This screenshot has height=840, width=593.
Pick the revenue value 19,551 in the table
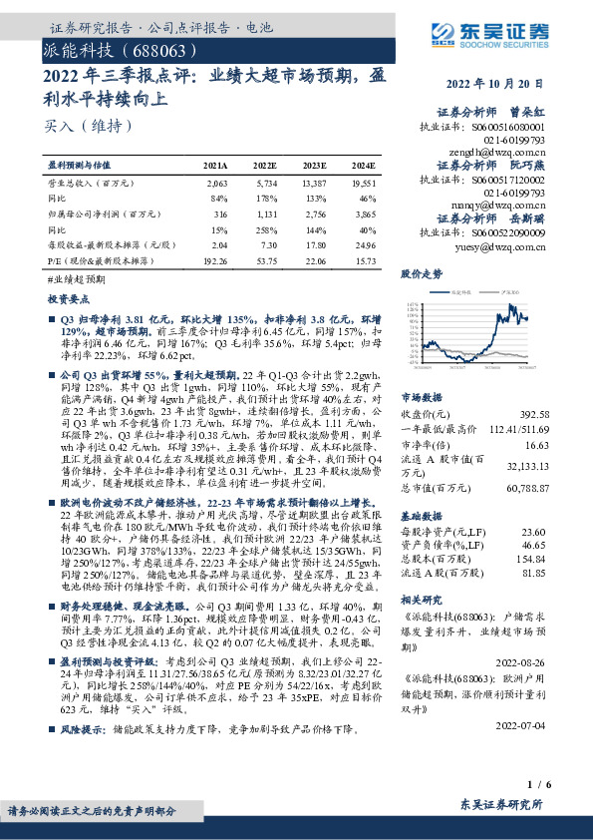click(x=364, y=185)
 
